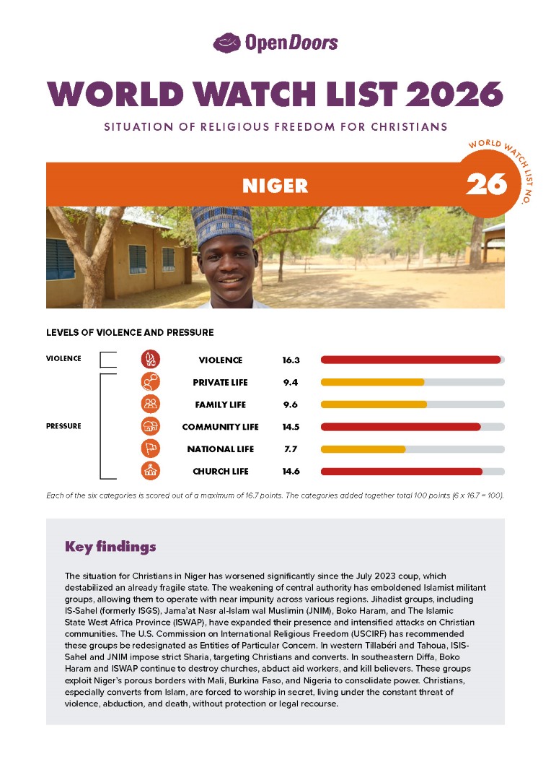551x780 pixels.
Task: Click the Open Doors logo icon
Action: pyautogui.click(x=227, y=43)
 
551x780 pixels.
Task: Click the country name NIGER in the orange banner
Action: pyautogui.click(x=275, y=186)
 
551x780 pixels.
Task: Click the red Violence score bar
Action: pyautogui.click(x=410, y=360)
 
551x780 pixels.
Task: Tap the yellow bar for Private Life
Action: pyautogui.click(x=372, y=382)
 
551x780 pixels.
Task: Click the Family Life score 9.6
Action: pyautogui.click(x=291, y=404)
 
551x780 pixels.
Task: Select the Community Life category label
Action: pyautogui.click(x=220, y=427)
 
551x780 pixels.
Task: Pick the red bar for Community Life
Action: pyautogui.click(x=400, y=427)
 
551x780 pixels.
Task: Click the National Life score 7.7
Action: pyautogui.click(x=291, y=449)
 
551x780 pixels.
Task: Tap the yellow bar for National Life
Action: pyautogui.click(x=363, y=449)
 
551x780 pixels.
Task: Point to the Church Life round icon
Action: pyautogui.click(x=151, y=471)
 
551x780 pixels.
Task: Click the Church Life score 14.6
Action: pyautogui.click(x=291, y=472)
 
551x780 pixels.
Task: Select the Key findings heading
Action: pyautogui.click(x=110, y=547)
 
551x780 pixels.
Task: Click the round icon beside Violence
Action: pyautogui.click(x=151, y=360)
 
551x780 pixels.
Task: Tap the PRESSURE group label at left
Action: pyautogui.click(x=63, y=426)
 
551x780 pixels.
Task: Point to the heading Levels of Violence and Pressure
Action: pyautogui.click(x=130, y=333)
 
